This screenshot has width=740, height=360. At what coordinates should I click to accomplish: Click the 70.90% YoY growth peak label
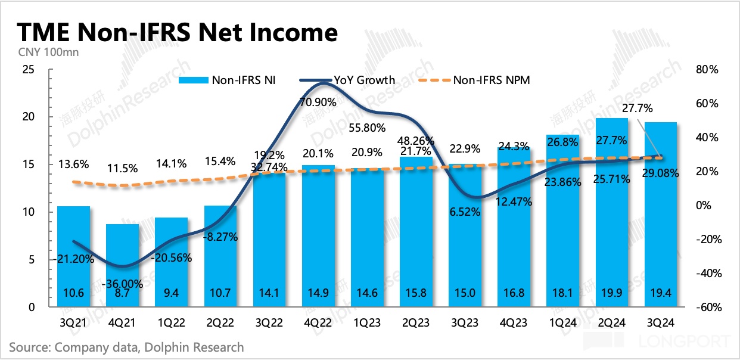pos(318,102)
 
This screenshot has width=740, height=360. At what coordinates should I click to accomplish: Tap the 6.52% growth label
pos(464,211)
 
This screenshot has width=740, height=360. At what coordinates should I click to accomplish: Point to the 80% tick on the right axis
pos(707,70)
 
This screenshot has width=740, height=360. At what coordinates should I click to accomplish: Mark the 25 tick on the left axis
pos(27,70)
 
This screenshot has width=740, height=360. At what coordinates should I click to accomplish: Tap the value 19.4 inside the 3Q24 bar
pos(660,292)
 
